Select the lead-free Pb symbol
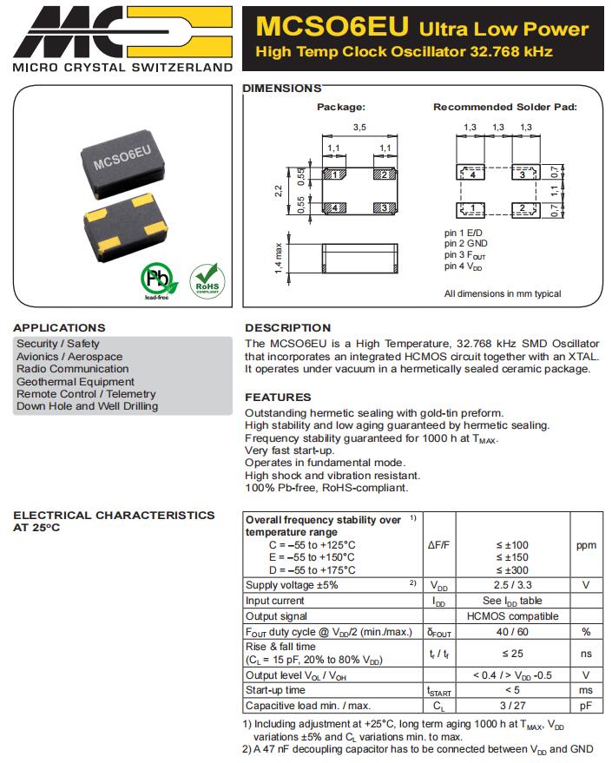[157, 280]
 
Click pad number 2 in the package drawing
[380, 174]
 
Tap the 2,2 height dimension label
[279, 191]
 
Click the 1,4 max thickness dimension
[279, 258]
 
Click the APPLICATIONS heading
[59, 328]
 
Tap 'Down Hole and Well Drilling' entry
[87, 406]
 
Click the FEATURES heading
[278, 398]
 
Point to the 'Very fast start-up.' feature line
[289, 451]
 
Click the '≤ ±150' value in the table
[512, 557]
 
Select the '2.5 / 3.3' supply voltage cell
[512, 585]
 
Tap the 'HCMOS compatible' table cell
[512, 616]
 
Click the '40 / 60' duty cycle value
[512, 632]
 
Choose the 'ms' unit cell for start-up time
[586, 690]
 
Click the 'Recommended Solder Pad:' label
[505, 107]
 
